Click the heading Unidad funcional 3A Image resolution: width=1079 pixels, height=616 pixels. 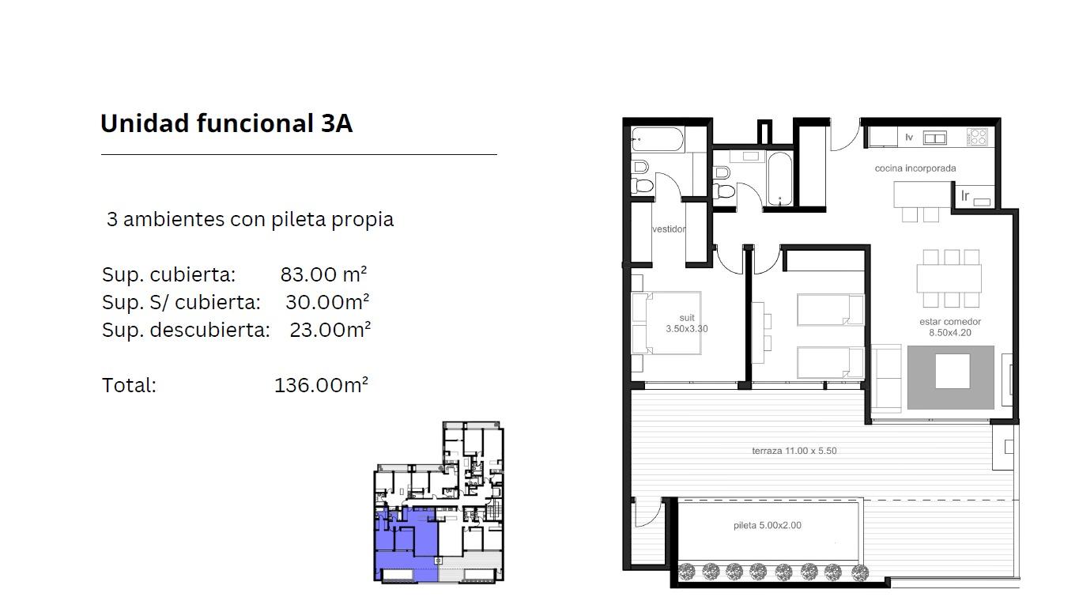(226, 123)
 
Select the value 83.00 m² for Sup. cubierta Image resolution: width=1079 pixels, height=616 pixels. (324, 274)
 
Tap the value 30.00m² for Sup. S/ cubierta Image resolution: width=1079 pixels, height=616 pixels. (327, 302)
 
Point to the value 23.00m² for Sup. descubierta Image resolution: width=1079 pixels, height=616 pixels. (330, 330)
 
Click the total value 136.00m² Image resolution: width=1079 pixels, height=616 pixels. (321, 385)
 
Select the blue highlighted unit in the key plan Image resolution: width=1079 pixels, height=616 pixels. (406, 544)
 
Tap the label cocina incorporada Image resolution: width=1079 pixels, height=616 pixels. (915, 168)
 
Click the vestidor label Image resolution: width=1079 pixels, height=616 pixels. (669, 229)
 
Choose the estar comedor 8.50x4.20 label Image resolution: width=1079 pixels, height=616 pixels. (950, 327)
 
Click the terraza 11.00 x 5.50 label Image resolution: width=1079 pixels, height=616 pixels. (794, 451)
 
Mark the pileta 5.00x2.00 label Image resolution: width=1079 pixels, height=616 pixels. (768, 525)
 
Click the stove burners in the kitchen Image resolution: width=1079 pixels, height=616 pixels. (977, 137)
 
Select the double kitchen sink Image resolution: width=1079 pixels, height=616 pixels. (934, 138)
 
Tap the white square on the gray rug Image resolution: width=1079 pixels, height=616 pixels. (953, 371)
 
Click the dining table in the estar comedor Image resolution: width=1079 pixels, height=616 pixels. (949, 278)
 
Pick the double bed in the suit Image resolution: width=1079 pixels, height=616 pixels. (666, 323)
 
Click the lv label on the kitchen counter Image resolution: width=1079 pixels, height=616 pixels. (909, 138)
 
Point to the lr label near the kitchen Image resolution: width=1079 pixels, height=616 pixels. (965, 195)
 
